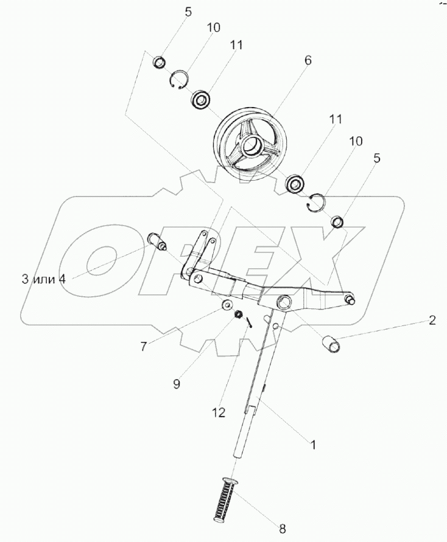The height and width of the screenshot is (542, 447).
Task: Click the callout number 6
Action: (308, 60)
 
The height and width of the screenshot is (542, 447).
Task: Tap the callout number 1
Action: (313, 445)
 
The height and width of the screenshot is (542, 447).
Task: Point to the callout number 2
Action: (432, 321)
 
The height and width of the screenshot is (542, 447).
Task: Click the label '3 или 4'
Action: (43, 279)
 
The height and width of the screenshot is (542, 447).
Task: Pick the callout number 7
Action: (144, 347)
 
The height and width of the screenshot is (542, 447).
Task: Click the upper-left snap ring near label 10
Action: (179, 80)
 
